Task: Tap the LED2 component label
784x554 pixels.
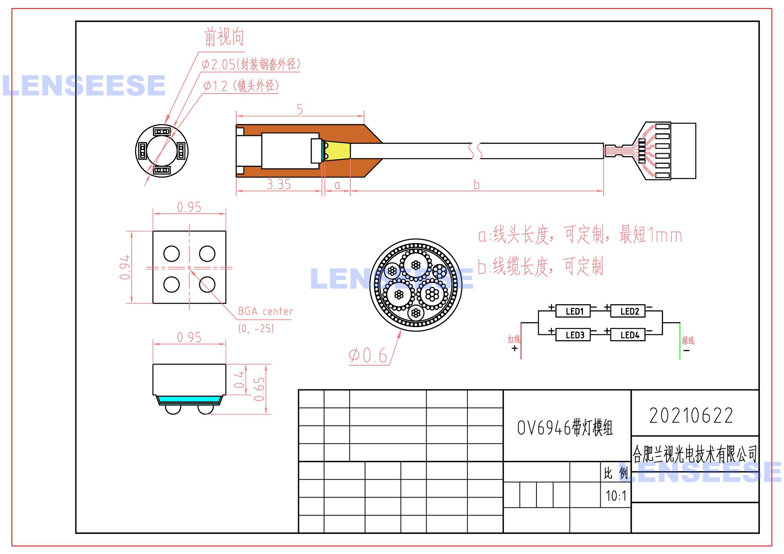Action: click(x=629, y=311)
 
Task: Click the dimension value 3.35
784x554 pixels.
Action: click(x=278, y=185)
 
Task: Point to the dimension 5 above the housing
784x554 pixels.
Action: click(x=300, y=109)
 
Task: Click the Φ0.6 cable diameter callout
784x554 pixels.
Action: click(x=367, y=356)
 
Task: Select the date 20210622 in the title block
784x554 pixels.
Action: click(x=691, y=416)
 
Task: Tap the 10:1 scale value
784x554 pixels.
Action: click(x=616, y=496)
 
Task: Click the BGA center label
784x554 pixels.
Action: click(x=265, y=311)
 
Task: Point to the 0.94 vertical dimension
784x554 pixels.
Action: click(x=125, y=267)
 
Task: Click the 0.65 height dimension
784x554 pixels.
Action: click(x=259, y=389)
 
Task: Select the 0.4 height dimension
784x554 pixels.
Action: click(x=239, y=380)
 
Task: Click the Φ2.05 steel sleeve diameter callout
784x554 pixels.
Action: click(x=251, y=64)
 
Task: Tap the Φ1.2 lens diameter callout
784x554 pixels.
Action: click(x=241, y=86)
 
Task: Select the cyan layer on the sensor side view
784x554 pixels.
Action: click(x=189, y=399)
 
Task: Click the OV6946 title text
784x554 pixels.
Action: click(x=565, y=427)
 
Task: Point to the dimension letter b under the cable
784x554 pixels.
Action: click(x=477, y=185)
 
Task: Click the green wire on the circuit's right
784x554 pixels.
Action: click(x=679, y=341)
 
